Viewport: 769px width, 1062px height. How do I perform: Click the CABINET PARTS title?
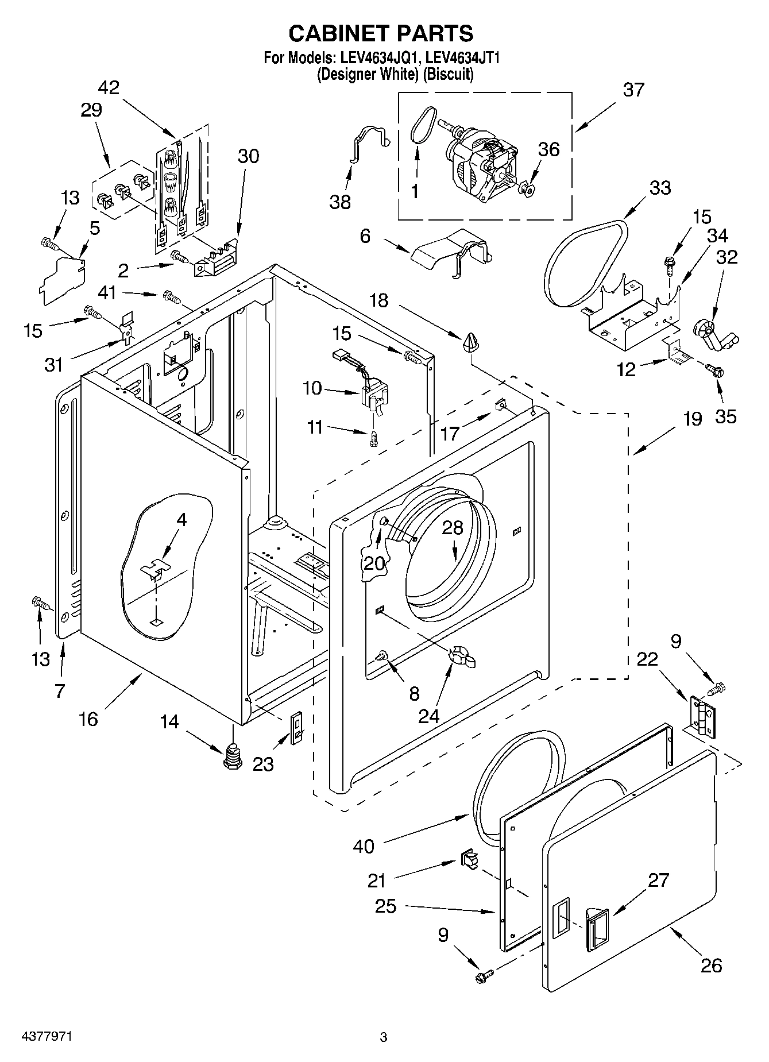[381, 33]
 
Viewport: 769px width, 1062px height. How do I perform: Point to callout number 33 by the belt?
[659, 188]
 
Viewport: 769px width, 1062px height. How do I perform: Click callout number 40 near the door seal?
[364, 845]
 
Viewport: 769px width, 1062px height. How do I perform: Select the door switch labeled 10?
[373, 397]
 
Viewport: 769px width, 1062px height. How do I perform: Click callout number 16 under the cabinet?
[88, 719]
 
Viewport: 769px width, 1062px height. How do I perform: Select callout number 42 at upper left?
[109, 87]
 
